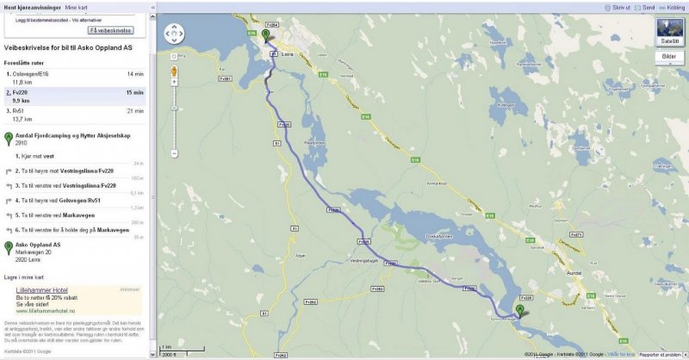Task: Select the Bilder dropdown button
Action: [x=668, y=57]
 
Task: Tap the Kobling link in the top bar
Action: [x=673, y=7]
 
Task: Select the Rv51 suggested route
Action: [x=18, y=111]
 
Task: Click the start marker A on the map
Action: [x=519, y=310]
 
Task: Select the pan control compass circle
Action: [x=175, y=34]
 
